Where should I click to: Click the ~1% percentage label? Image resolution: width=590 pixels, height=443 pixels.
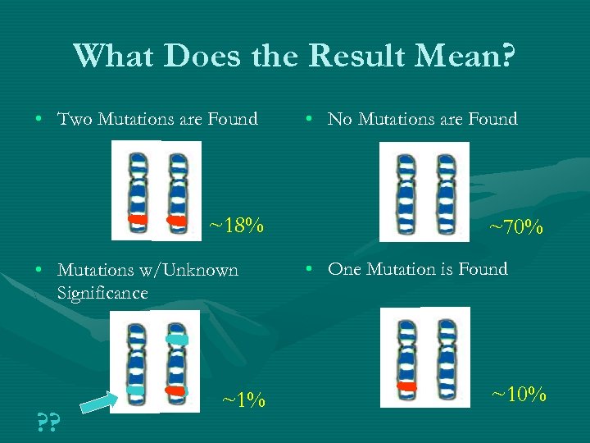(x=243, y=400)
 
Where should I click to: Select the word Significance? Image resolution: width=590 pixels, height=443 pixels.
(x=102, y=293)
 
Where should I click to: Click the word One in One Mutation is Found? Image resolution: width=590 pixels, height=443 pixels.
(x=345, y=269)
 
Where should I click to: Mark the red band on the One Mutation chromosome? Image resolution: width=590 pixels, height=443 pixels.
(x=406, y=386)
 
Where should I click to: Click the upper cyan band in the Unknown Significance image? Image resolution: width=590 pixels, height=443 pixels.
(x=176, y=339)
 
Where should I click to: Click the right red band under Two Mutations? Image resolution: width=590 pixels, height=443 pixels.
(x=176, y=220)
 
